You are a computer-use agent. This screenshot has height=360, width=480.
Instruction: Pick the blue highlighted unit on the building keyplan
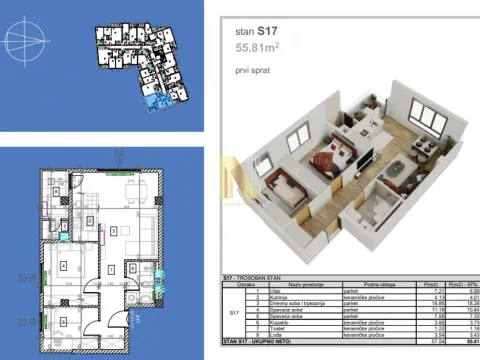click(153, 103)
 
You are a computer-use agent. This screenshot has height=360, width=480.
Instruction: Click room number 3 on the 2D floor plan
click(115, 231)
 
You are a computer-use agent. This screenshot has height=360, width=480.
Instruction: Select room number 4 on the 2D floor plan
click(63, 266)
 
